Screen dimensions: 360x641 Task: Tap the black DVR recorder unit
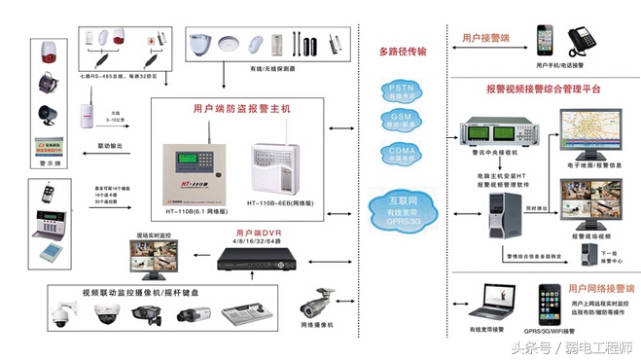(254, 258)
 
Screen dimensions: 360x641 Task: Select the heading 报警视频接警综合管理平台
(544, 89)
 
